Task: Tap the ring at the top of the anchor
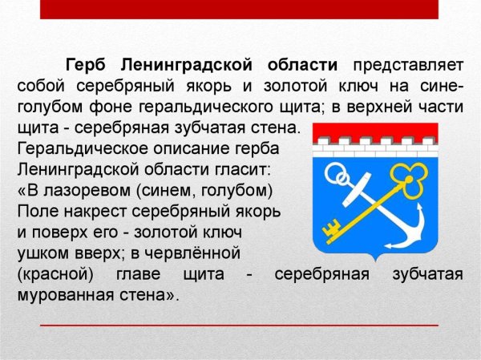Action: tap(338, 178)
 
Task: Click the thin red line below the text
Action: tap(240, 325)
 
